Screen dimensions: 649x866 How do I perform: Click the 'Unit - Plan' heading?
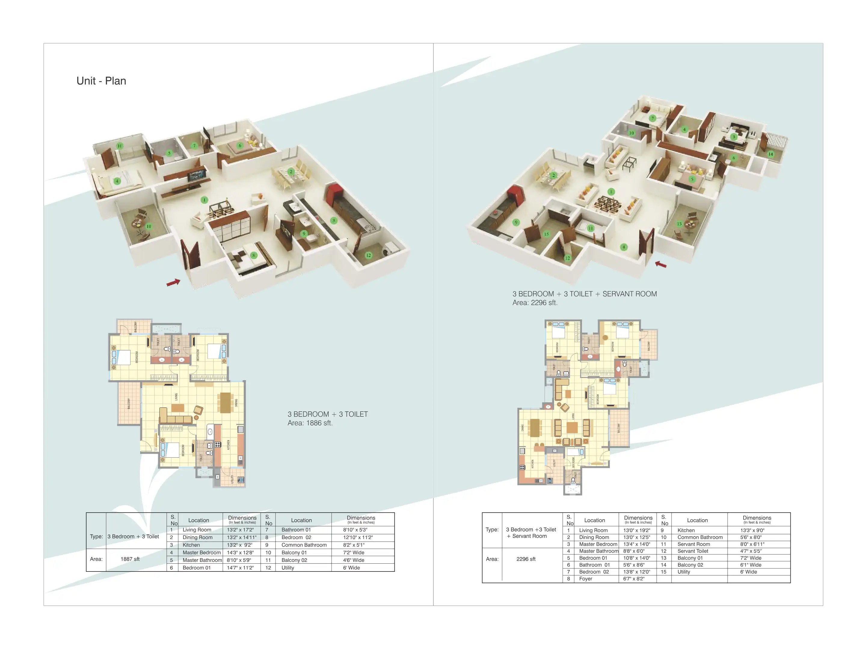coord(101,81)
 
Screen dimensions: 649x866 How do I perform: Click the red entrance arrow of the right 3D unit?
coord(661,264)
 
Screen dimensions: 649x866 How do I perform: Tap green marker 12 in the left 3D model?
coord(368,255)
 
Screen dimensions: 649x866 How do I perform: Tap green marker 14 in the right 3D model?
coord(770,154)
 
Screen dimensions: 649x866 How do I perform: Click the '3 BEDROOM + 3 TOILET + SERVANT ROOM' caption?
coord(585,294)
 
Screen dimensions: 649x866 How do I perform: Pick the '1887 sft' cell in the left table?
coord(130,559)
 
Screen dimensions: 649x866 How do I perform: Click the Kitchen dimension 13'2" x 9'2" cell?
coord(239,545)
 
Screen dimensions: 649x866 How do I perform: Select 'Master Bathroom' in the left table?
coord(202,560)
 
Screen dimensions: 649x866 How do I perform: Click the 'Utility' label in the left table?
coord(287,568)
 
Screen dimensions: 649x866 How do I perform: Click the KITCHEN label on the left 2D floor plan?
coord(228,444)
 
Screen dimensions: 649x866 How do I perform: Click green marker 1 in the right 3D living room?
coord(611,192)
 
